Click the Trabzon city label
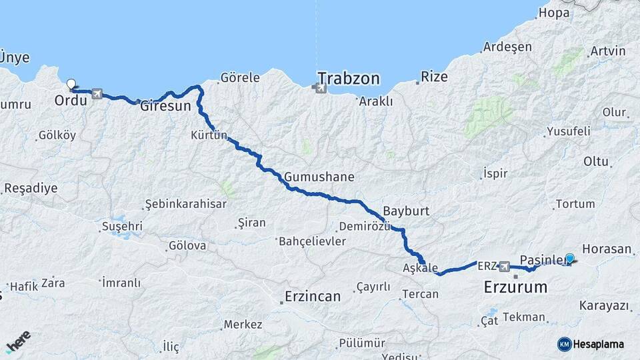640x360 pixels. coord(349,79)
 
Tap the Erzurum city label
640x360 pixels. coord(515,287)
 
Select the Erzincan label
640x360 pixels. coord(312,295)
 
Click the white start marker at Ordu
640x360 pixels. coord(71,85)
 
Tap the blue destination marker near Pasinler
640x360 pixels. coord(569,259)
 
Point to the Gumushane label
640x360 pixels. coord(319,177)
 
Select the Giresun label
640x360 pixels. coord(166,105)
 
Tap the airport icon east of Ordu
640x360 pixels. coord(98,94)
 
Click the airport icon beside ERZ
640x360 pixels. coord(504,266)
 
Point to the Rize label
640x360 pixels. coord(434,77)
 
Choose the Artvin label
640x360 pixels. coord(608,51)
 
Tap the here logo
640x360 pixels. coord(18,341)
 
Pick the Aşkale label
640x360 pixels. coord(421,267)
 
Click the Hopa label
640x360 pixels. coord(555,13)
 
